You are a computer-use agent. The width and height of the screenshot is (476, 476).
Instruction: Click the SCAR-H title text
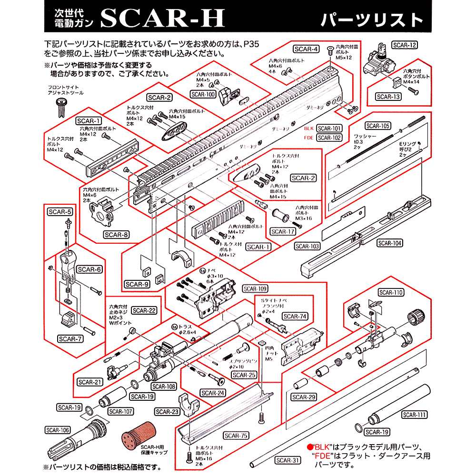[162, 19]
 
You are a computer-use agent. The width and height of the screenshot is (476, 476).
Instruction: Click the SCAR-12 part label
[405, 46]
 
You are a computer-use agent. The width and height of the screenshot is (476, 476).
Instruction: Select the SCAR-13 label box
[388, 96]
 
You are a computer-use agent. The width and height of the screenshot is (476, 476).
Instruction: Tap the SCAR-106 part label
[58, 430]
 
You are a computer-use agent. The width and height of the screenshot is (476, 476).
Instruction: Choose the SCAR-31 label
[288, 460]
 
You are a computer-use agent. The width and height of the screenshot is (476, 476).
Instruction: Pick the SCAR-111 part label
[414, 415]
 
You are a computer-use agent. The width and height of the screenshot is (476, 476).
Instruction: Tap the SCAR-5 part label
[59, 211]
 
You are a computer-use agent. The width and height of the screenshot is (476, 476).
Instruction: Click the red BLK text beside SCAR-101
[309, 129]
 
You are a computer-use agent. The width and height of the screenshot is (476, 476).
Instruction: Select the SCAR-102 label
[329, 138]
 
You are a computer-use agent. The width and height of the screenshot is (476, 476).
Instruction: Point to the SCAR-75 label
[236, 435]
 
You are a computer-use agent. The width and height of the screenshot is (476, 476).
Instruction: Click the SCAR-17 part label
[282, 232]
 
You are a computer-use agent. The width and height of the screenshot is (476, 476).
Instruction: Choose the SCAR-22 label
[145, 310]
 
